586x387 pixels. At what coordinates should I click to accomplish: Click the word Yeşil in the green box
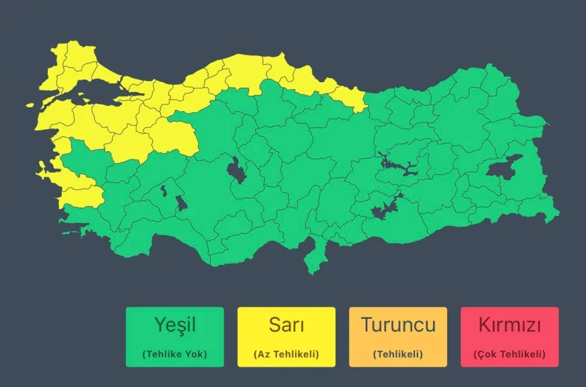coord(174,325)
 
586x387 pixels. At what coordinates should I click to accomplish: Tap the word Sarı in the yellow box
coord(286,325)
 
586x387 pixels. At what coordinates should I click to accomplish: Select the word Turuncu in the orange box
coord(398,325)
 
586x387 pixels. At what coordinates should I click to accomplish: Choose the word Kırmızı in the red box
coord(509,325)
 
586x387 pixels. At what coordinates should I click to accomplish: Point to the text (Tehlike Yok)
coord(174,354)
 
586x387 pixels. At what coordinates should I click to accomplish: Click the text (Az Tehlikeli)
coord(286,354)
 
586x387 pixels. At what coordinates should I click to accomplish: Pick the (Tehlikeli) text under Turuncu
coord(398,354)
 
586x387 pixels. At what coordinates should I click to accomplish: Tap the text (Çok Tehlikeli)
coord(509,354)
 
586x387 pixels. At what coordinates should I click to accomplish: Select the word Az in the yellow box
coord(262,354)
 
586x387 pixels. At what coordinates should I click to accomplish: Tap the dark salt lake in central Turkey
coord(236,169)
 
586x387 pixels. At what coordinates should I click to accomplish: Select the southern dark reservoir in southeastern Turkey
coord(385,209)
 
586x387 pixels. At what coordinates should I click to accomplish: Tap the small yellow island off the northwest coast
coord(30,105)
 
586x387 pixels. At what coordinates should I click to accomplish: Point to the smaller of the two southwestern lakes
coord(164,192)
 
